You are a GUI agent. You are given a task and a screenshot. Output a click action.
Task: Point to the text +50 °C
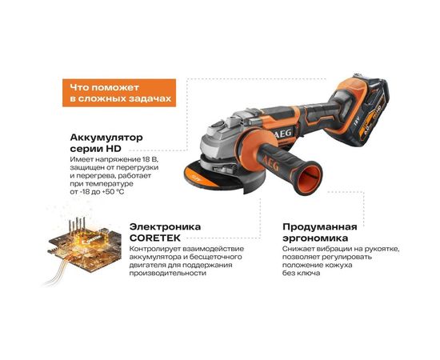[114, 193]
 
